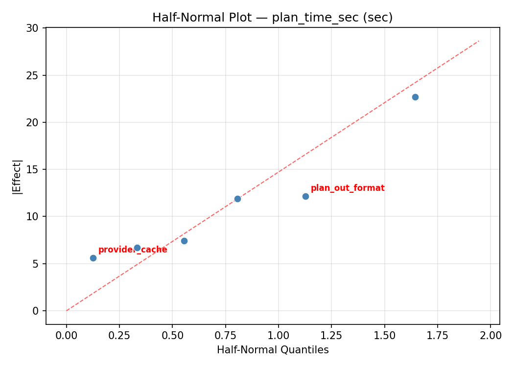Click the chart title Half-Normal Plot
click(x=272, y=18)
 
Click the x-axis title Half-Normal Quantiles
click(x=273, y=350)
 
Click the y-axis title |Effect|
click(x=17, y=177)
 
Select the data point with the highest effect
click(x=415, y=97)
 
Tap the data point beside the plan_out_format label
click(x=305, y=196)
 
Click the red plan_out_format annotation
click(x=348, y=188)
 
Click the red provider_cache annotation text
click(x=133, y=250)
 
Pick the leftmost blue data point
click(x=93, y=258)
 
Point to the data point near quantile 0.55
click(x=184, y=241)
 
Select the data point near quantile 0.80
click(x=237, y=199)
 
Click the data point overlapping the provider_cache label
click(x=137, y=248)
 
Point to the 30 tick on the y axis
click(x=33, y=28)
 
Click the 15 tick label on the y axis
click(x=33, y=170)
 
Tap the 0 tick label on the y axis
click(x=36, y=311)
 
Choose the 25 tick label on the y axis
click(x=33, y=75)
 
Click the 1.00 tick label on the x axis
click(x=278, y=335)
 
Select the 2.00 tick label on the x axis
click(x=490, y=335)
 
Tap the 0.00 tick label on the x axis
click(x=67, y=335)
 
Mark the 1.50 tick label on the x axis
click(x=384, y=335)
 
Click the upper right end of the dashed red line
click(x=479, y=41)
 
